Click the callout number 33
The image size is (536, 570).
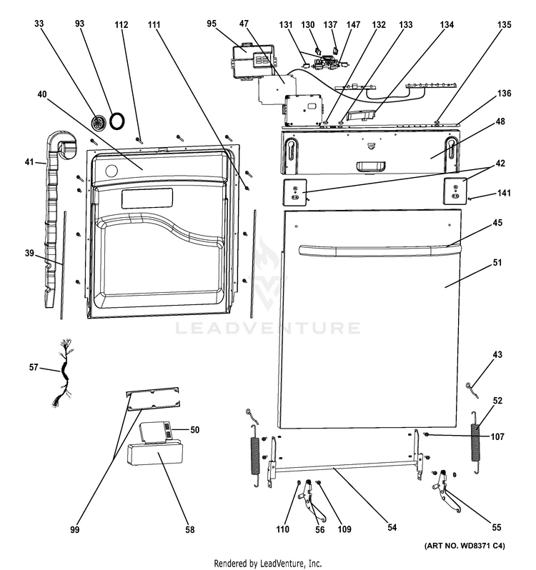click(x=38, y=24)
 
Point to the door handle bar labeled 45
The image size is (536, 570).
click(x=372, y=249)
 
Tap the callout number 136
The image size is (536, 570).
click(x=505, y=94)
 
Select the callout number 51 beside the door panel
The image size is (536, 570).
click(x=497, y=263)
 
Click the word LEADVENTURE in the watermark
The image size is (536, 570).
click(x=267, y=328)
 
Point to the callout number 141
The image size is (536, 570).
click(x=505, y=194)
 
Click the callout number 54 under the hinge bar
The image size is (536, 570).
click(x=392, y=528)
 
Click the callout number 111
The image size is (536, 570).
click(x=154, y=24)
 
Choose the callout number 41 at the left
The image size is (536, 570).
click(x=29, y=162)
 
